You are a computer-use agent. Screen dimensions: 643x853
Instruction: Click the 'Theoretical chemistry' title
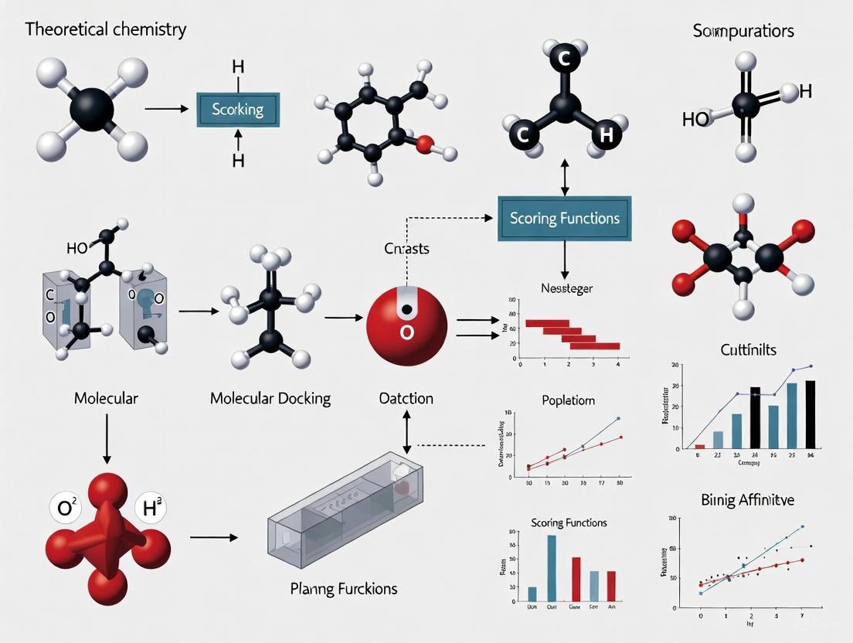pos(106,30)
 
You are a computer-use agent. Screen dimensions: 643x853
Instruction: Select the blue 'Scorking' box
pos(238,110)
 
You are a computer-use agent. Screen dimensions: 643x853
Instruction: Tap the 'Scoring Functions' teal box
pos(564,218)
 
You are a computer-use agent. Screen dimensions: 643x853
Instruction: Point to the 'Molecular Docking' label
pos(270,399)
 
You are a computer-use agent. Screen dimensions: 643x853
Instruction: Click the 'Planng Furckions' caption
pos(343,588)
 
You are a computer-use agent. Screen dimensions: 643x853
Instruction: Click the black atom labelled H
pos(605,135)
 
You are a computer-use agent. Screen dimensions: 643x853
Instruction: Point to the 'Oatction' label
pos(406,399)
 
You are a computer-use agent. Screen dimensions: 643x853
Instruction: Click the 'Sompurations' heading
pos(743,32)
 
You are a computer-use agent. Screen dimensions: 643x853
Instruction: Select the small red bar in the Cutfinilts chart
pos(700,446)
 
